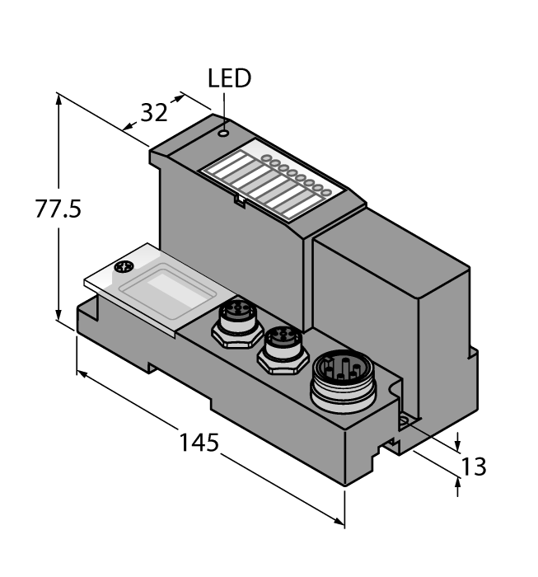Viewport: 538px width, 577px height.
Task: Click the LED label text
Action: click(228, 80)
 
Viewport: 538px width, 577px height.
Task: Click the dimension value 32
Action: click(154, 113)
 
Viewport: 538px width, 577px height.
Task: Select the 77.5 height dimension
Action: click(58, 209)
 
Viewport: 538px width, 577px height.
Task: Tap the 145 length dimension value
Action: click(199, 443)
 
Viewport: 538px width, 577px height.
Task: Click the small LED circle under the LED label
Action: click(223, 130)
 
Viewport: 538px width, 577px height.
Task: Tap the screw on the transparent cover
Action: click(124, 267)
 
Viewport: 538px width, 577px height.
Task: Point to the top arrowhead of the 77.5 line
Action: click(59, 98)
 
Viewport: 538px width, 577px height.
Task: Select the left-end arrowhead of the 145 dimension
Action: click(81, 373)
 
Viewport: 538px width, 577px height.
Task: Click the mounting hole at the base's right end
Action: click(405, 421)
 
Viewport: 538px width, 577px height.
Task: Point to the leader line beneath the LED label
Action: click(223, 107)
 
